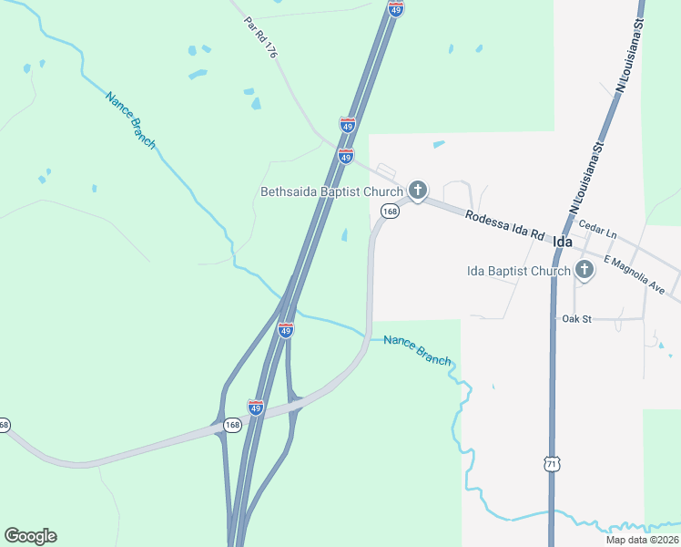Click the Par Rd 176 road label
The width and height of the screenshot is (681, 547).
click(259, 37)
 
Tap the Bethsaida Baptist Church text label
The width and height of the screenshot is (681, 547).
click(331, 191)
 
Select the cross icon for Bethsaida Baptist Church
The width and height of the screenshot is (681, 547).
click(417, 190)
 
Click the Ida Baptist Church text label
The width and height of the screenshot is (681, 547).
click(517, 270)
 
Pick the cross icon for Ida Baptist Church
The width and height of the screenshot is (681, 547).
click(584, 269)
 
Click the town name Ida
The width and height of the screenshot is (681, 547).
click(563, 242)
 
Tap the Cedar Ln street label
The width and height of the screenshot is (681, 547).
click(598, 232)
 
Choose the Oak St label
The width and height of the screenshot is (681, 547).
click(577, 318)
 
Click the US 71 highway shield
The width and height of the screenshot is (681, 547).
click(550, 464)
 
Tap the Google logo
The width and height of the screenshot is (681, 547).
click(30, 536)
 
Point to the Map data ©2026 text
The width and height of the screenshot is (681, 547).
click(642, 540)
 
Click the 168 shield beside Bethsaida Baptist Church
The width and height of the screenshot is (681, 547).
click(390, 212)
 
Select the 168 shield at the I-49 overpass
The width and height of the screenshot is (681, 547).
click(232, 424)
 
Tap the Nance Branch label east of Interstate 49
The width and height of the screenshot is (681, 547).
click(417, 349)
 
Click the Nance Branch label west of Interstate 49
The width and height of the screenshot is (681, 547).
click(130, 119)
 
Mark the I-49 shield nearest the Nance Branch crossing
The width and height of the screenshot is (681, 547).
click(286, 330)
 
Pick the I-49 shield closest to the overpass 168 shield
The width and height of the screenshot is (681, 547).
click(256, 407)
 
